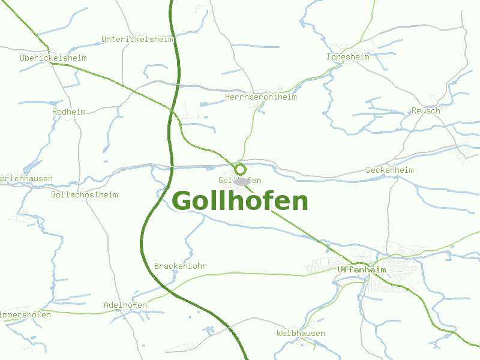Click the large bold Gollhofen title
point(240,202)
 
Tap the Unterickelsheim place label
point(138,40)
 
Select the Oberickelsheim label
point(53,58)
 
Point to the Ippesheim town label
point(348,57)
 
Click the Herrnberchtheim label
point(260,97)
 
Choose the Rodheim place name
point(69,112)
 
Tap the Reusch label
point(425,111)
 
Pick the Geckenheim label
point(390,170)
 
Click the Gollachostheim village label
point(85,195)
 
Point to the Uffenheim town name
point(361,270)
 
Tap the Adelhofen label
point(125,305)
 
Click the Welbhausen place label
point(301,334)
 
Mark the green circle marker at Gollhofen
point(241,169)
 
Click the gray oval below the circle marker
point(242,181)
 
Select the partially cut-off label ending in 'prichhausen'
point(26,179)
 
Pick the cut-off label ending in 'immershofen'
point(25,316)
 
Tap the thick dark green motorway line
point(144,240)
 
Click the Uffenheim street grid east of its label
point(399,267)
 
